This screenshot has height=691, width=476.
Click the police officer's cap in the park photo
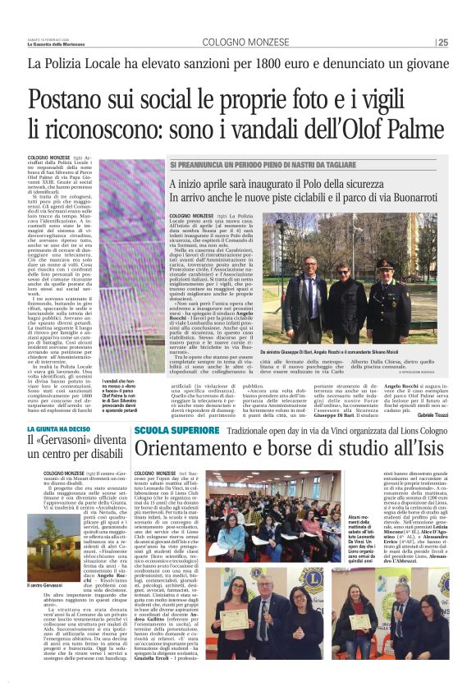click(x=385, y=264)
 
